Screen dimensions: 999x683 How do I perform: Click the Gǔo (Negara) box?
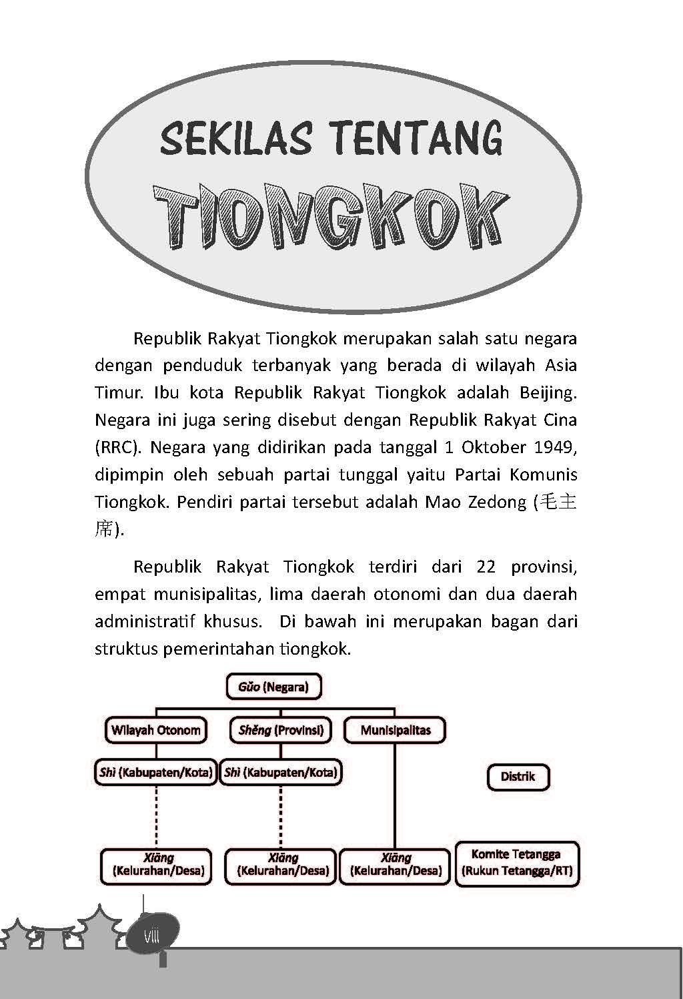[x=273, y=687]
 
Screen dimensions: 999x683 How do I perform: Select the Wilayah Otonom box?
[x=156, y=730]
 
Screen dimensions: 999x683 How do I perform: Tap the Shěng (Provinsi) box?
[x=281, y=730]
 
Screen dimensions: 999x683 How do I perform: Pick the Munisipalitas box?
[x=395, y=730]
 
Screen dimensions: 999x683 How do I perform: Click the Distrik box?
[x=518, y=777]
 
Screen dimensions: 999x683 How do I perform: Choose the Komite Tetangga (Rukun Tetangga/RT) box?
[x=517, y=863]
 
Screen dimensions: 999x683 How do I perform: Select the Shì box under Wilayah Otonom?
[x=155, y=773]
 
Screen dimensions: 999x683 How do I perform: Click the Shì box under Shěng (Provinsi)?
[x=281, y=773]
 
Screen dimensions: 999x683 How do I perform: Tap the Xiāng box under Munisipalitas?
[x=395, y=864]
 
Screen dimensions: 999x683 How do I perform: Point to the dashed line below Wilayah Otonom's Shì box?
[x=156, y=817]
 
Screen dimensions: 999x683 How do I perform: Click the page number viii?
[x=151, y=936]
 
